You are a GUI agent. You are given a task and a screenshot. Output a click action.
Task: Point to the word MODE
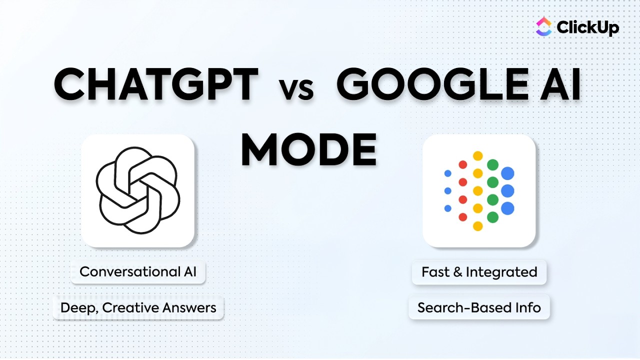pyautogui.click(x=308, y=150)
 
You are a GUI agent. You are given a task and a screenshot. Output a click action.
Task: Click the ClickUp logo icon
pyautogui.click(x=544, y=27)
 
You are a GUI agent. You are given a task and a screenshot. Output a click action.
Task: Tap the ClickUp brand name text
pyautogui.click(x=587, y=27)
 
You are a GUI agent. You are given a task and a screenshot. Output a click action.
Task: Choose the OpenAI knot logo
pyautogui.click(x=137, y=190)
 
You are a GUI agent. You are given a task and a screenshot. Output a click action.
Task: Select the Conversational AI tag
pyautogui.click(x=138, y=272)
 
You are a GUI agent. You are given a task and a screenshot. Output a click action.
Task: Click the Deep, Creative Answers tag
pyautogui.click(x=138, y=307)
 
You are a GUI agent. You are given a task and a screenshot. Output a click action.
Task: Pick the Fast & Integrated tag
pyautogui.click(x=479, y=272)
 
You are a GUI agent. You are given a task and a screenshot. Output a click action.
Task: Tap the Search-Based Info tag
pyautogui.click(x=479, y=307)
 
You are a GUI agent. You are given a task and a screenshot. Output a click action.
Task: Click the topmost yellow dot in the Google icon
pyautogui.click(x=477, y=155)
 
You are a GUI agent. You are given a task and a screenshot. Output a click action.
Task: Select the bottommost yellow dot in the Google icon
pyautogui.click(x=477, y=226)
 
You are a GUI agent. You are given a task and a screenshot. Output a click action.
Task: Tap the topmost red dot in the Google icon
pyautogui.click(x=463, y=164)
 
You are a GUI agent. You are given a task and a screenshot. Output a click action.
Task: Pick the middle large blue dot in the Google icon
pyautogui.click(x=507, y=190)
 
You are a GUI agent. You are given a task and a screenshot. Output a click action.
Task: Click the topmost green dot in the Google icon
pyautogui.click(x=492, y=164)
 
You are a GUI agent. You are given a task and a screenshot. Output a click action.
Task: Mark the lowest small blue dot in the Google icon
pyautogui.click(x=448, y=208)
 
